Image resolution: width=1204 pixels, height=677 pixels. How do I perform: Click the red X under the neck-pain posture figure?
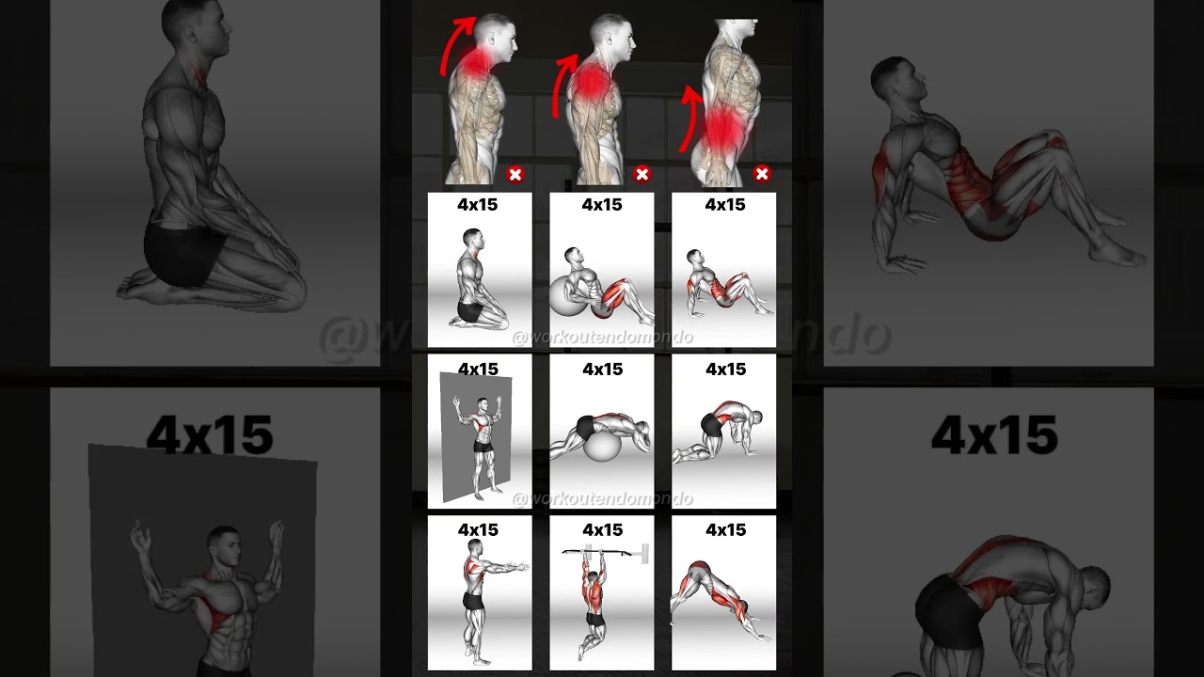tap(515, 174)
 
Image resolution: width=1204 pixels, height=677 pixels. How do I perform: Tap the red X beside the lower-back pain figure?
tap(762, 174)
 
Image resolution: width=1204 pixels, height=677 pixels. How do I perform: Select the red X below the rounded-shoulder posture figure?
tap(642, 174)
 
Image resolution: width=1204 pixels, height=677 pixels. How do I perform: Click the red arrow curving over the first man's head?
tap(457, 42)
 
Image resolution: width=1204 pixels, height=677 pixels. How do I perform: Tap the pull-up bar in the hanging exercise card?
tap(602, 552)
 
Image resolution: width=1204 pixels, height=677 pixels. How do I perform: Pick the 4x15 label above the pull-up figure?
tap(602, 530)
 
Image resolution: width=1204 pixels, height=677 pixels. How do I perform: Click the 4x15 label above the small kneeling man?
tap(479, 205)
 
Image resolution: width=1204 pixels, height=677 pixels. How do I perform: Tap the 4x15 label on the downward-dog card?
tap(725, 530)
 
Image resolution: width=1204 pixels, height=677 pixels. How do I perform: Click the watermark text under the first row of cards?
tap(602, 337)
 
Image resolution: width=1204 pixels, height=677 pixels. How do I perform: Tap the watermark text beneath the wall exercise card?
tap(602, 498)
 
